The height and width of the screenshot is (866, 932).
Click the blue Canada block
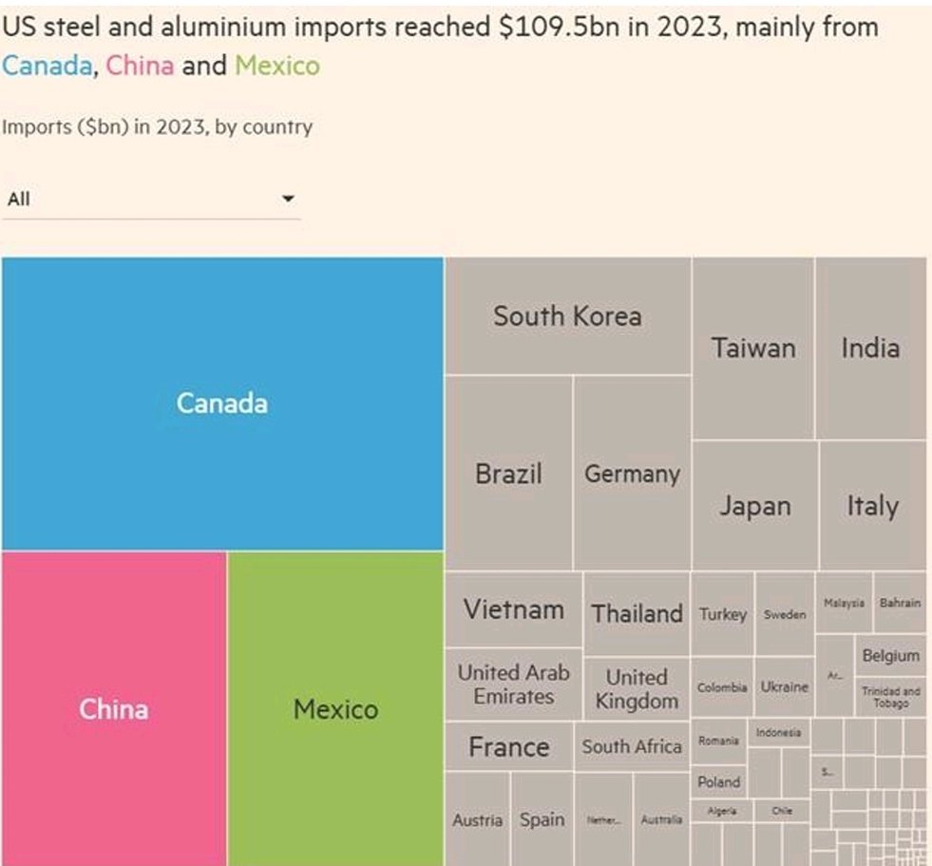(x=222, y=403)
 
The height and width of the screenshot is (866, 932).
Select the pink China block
(x=113, y=708)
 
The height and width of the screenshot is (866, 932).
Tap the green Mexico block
(x=335, y=708)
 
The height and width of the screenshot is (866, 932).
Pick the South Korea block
(x=567, y=316)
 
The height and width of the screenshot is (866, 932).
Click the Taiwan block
(x=752, y=348)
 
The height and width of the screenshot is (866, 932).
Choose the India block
(x=869, y=348)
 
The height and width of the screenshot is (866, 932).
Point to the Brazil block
(x=508, y=473)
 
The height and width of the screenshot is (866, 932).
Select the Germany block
(x=632, y=473)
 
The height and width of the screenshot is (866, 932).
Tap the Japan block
(x=754, y=506)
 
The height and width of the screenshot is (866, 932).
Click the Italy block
(x=872, y=506)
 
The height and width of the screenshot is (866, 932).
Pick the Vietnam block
(x=513, y=608)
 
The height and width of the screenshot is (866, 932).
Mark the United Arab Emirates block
(x=513, y=684)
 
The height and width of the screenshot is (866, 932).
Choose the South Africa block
(x=632, y=746)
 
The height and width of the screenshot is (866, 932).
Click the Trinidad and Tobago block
(x=890, y=698)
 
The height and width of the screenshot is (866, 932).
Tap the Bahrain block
(x=899, y=603)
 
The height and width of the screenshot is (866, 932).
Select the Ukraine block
(x=784, y=686)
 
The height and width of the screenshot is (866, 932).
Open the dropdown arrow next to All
(x=288, y=199)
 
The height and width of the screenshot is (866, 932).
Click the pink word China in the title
(x=140, y=66)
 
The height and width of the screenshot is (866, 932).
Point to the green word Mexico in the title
(x=276, y=66)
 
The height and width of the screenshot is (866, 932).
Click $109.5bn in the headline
(x=560, y=27)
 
